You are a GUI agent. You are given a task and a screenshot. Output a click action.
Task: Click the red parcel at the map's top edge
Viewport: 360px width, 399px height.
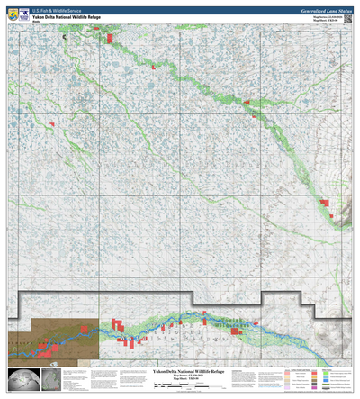tap(109, 39)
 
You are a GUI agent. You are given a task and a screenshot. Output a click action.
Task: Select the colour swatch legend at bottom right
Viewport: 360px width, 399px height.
tap(314, 379)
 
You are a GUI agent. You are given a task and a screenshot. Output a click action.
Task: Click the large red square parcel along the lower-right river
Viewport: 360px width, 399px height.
tap(237, 331)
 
